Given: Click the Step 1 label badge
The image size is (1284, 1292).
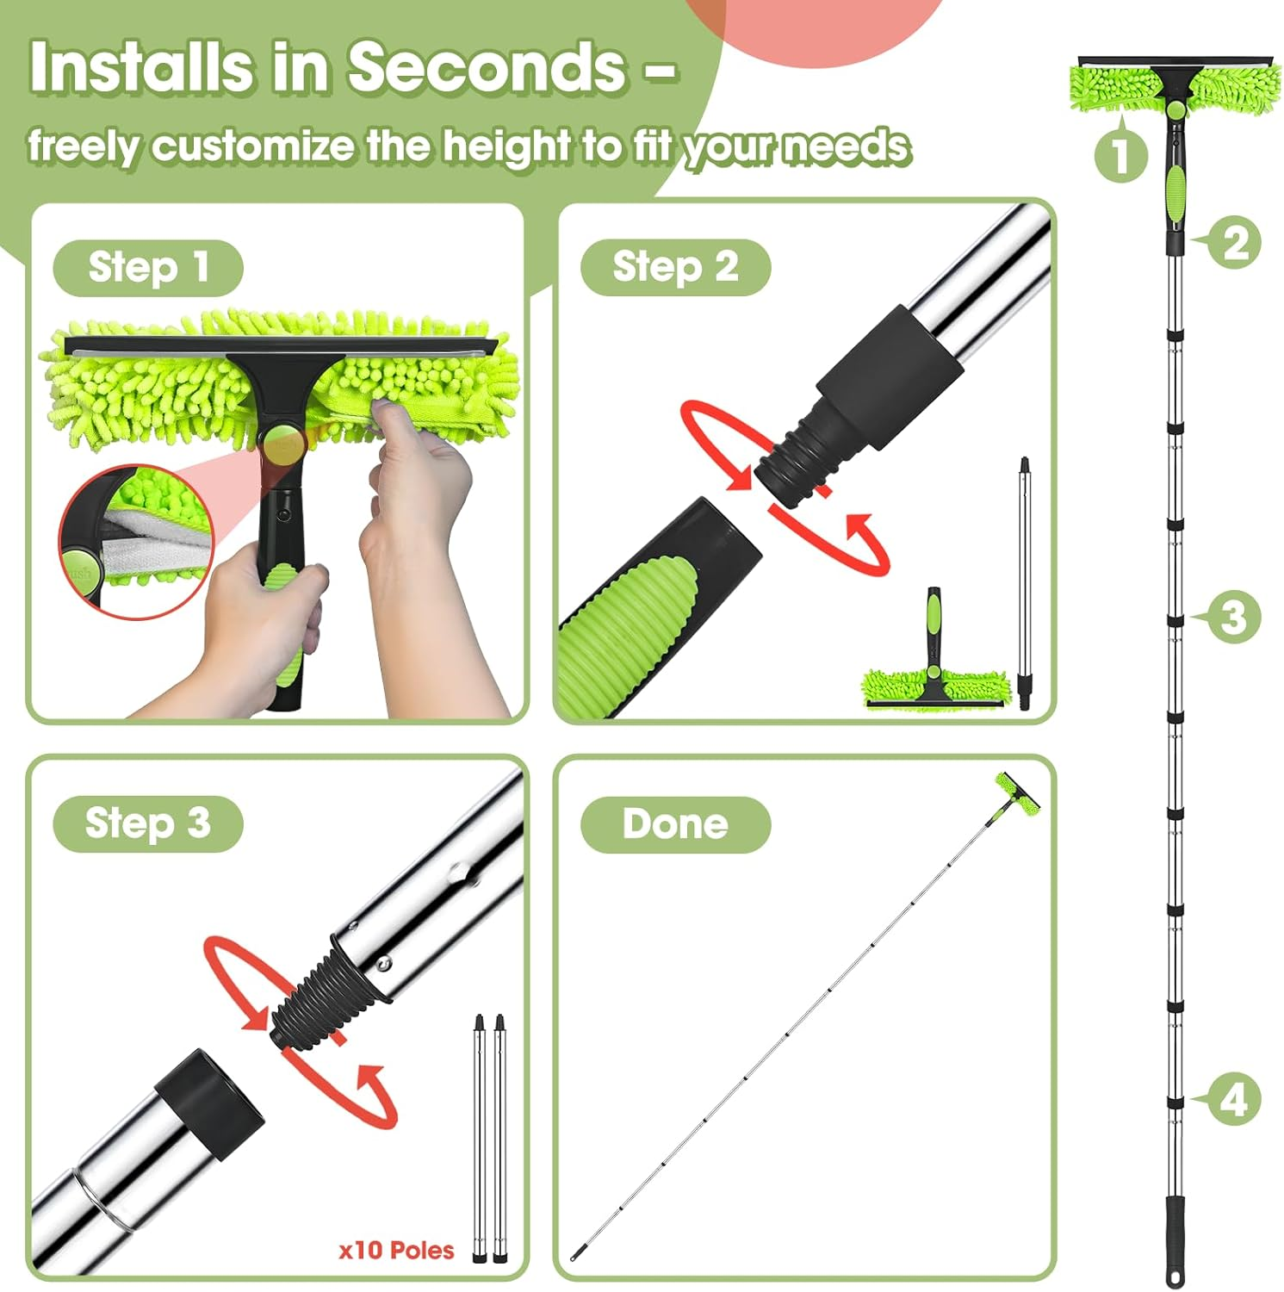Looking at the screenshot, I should (147, 268).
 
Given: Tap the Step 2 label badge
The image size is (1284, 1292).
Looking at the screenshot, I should (674, 268).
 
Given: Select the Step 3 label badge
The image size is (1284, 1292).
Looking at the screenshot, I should (147, 823).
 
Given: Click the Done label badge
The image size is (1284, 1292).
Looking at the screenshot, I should (674, 824).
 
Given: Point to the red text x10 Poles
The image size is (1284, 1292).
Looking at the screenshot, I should (396, 1250).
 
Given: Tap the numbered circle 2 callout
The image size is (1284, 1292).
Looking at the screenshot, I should (1234, 242).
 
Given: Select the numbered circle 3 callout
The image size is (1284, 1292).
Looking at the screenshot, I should (1233, 618).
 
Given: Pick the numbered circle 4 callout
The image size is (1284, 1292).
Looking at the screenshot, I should (1233, 1100).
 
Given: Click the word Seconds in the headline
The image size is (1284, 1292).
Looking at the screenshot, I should (487, 67).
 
